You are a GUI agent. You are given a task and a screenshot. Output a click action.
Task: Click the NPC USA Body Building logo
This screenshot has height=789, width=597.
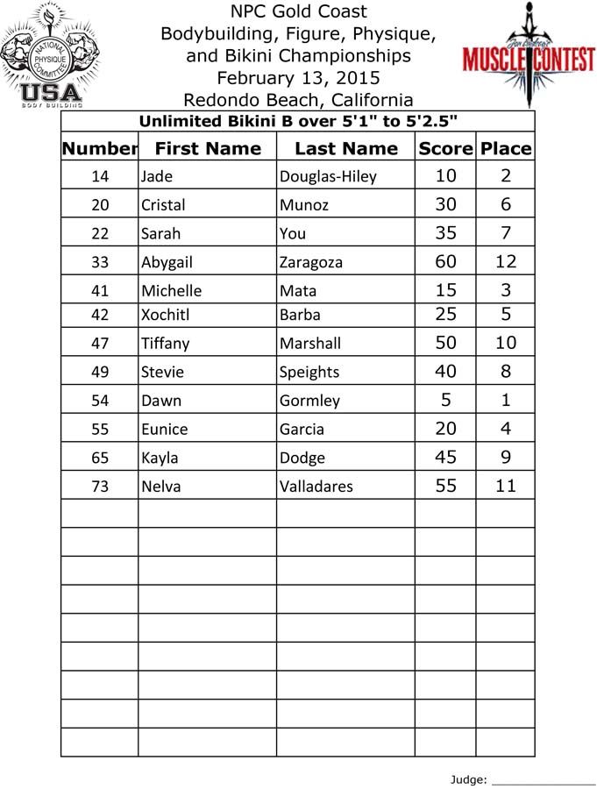point(51,55)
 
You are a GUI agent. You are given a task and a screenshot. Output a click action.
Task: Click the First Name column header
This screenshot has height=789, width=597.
point(207,148)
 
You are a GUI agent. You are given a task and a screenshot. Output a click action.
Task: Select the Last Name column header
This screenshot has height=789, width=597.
point(345,148)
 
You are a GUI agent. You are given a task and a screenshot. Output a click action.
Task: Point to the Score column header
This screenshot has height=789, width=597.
point(445,148)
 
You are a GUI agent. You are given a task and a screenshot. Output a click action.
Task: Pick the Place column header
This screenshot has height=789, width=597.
point(506,148)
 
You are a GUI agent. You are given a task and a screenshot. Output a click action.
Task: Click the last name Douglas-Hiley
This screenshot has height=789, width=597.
point(327,177)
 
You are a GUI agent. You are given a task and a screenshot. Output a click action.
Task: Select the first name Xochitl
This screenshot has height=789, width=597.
point(164,315)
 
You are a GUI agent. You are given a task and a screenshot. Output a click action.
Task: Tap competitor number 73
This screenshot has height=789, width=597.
point(100,486)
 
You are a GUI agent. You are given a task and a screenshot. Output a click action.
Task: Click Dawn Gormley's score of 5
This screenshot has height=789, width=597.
point(445,400)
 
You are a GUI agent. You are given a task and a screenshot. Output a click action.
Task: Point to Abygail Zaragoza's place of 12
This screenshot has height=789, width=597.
point(506,261)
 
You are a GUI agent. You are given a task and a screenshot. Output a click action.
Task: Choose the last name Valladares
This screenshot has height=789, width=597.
point(323,486)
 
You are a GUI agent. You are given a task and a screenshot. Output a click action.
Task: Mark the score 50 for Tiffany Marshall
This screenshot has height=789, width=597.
point(445,343)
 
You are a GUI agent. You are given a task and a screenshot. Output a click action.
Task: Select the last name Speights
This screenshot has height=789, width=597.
point(309,372)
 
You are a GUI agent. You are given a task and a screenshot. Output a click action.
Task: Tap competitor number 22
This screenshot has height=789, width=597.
point(100,234)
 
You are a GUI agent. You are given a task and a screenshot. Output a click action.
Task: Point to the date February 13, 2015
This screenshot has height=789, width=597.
point(298,77)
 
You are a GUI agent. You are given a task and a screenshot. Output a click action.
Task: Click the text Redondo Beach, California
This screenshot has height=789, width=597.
point(298,99)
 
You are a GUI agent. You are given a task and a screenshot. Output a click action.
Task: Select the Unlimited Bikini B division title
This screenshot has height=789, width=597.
point(298,121)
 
